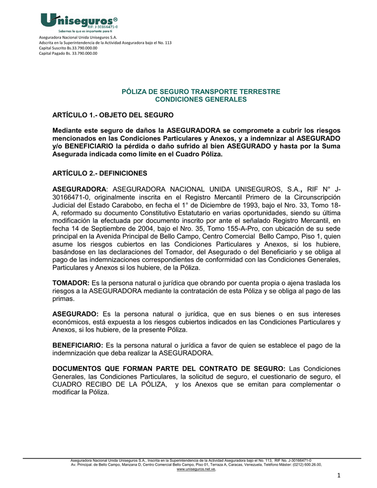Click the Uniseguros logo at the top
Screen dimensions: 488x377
(x=79, y=22)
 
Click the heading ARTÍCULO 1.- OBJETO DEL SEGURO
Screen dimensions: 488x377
(x=110, y=115)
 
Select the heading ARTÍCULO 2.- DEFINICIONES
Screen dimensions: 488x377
(x=100, y=173)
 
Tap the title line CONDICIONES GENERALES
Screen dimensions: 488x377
(x=201, y=99)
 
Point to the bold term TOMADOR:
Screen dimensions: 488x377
(x=71, y=283)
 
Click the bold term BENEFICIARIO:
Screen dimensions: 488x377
(x=77, y=345)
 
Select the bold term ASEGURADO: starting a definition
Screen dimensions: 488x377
(x=75, y=314)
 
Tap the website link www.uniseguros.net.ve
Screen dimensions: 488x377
(x=196, y=469)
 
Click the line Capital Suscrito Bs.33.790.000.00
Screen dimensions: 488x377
(x=68, y=48)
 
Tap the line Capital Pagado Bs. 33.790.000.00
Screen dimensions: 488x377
(x=68, y=53)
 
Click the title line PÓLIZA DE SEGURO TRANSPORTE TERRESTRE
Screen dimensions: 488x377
(x=201, y=91)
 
